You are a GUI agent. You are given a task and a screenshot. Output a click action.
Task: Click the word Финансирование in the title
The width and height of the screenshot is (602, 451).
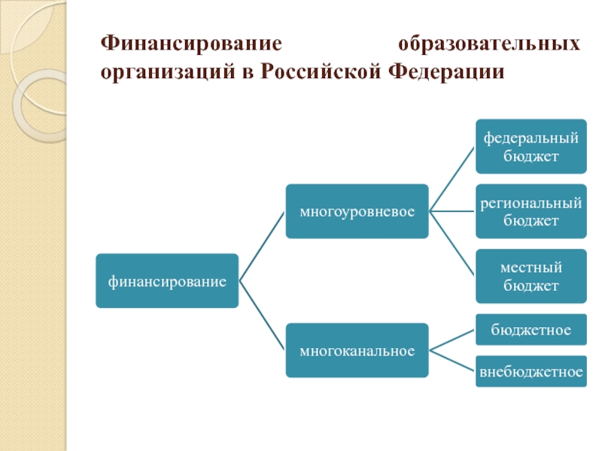[191, 43]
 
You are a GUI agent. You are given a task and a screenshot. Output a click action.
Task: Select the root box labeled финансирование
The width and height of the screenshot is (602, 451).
[167, 281]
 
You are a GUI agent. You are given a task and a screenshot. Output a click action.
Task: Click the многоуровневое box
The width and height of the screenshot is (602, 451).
[357, 212]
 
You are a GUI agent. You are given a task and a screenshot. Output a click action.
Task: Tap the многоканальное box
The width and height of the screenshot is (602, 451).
[357, 350]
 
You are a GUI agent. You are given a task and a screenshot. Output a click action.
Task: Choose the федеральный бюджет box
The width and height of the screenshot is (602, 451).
[531, 147]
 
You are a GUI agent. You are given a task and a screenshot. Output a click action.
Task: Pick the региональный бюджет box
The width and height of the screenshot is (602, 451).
[531, 212]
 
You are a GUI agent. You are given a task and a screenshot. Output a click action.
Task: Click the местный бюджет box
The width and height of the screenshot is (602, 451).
[531, 276]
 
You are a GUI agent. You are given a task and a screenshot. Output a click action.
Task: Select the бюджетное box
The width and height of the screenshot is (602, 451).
[531, 330]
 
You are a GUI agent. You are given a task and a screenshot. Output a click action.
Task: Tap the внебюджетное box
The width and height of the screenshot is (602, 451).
[531, 371]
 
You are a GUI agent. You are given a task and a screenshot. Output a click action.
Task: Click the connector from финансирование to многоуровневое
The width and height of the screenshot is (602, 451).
[262, 247]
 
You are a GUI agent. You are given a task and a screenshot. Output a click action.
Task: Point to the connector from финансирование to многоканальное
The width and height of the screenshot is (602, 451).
[262, 316]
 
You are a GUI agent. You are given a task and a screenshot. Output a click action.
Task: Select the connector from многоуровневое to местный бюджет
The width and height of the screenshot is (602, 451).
[452, 244]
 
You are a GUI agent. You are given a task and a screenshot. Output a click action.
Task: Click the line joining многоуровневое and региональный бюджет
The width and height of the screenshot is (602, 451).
[452, 212]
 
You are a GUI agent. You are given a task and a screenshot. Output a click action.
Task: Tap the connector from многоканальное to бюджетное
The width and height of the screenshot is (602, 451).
[452, 340]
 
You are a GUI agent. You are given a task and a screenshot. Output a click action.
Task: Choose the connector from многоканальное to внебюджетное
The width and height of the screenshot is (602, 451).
[452, 361]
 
